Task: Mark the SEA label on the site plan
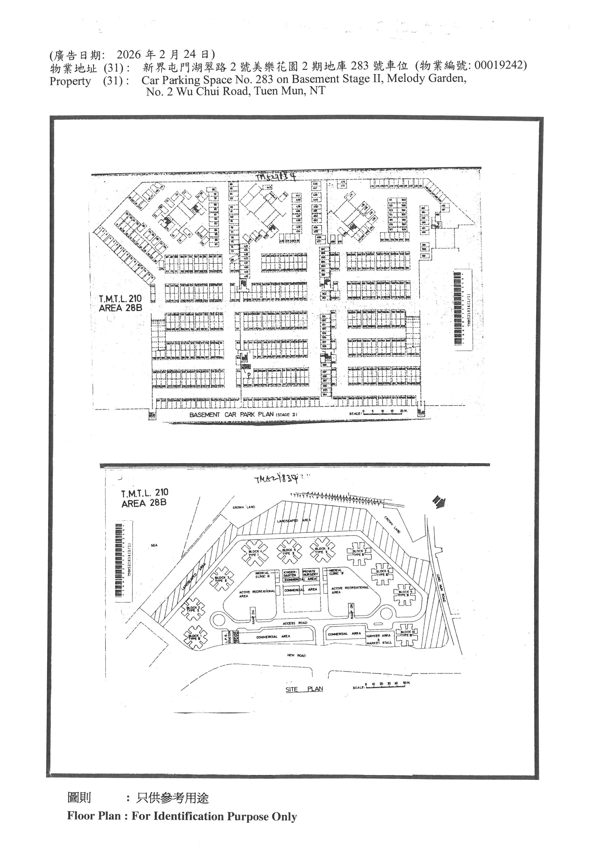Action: tap(154, 545)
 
